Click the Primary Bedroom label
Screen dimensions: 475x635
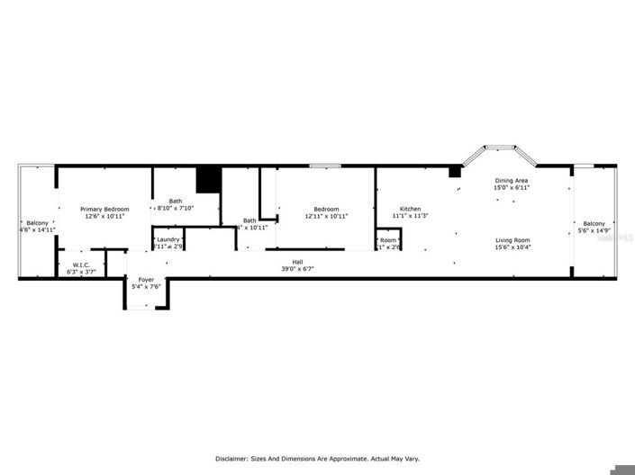104,209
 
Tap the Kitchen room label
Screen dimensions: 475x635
410,209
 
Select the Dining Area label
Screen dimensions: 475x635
511,181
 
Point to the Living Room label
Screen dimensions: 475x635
512,240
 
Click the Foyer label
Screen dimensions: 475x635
145,280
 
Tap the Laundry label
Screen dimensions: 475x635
168,239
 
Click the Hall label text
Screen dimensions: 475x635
296,262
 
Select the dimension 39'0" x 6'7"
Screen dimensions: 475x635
296,269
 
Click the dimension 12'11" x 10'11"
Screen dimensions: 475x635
325,216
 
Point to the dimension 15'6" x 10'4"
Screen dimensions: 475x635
512,247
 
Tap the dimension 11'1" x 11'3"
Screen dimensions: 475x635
410,216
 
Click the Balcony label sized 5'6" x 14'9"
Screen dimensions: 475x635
594,223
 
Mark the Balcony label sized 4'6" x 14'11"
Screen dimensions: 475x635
37,223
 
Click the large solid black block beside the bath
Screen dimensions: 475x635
209,179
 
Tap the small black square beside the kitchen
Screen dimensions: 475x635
455,172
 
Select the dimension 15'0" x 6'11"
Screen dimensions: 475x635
511,188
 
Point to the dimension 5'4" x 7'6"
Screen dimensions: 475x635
145,287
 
